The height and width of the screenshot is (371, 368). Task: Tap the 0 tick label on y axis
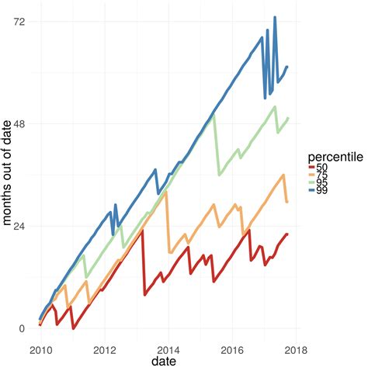point(22,328)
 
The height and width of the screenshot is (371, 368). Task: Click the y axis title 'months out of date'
point(7,175)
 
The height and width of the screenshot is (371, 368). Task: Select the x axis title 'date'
point(163,362)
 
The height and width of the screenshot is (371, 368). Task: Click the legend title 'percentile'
point(335,156)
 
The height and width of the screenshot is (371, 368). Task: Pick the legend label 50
point(322,168)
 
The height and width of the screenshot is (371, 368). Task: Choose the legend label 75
point(322,175)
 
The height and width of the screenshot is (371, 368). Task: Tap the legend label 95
point(322,183)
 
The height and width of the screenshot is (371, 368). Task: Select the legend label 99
point(322,191)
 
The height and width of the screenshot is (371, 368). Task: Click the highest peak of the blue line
point(274,17)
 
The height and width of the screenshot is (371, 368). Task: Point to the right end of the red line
point(287,234)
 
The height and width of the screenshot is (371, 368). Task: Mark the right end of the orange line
point(287,202)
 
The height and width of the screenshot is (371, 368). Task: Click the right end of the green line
point(288,118)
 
